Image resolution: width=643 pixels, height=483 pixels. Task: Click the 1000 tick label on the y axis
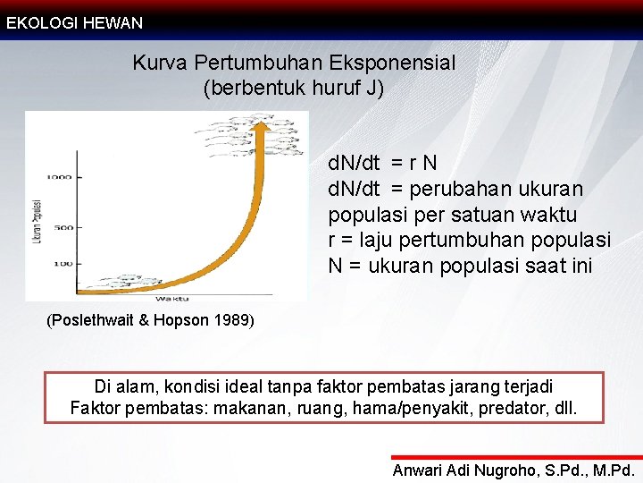(61, 177)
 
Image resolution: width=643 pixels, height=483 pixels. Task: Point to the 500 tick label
(63, 227)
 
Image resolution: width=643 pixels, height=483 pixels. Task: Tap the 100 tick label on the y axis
(63, 264)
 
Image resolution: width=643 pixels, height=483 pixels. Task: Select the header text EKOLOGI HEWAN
(74, 23)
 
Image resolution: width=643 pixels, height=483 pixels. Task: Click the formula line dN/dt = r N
(383, 163)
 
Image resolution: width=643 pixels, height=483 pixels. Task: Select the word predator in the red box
(517, 410)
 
